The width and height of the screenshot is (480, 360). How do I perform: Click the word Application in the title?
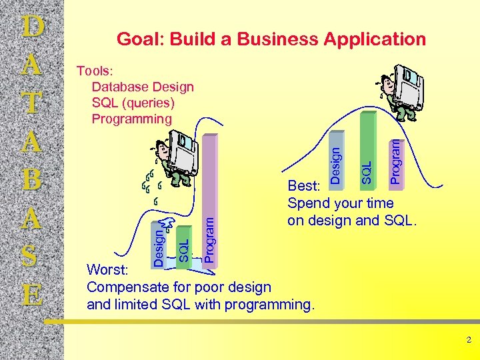pos(374,39)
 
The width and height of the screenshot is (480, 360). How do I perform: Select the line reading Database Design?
pos(143,87)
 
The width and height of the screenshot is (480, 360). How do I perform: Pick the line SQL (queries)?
pos(133,103)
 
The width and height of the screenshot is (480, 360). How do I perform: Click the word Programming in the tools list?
pos(131,119)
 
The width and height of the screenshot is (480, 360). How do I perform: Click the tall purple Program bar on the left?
pos(209,200)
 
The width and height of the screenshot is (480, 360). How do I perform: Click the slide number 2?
pos(468,340)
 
